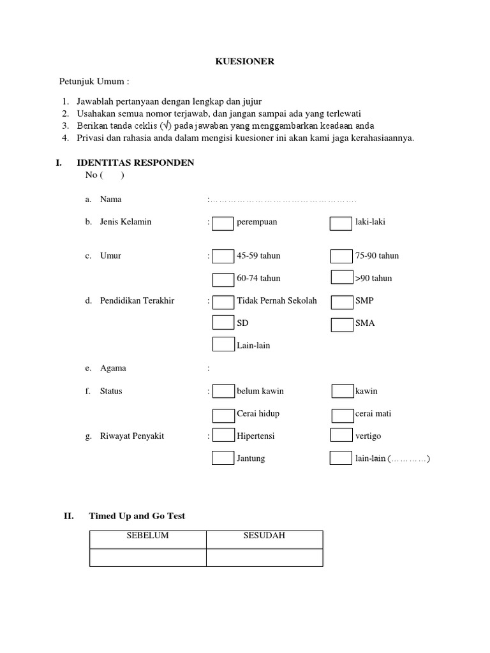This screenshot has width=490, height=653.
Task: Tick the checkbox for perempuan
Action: pos(223,223)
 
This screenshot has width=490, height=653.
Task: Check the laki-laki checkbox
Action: pos(341,223)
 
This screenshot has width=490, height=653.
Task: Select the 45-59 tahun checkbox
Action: pos(223,256)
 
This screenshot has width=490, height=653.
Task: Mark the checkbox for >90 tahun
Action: pos(342,277)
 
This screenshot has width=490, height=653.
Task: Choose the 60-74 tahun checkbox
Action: pos(223,279)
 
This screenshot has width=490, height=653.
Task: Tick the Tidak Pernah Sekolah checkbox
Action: pos(223,301)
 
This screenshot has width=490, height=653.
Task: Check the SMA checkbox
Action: pos(342,323)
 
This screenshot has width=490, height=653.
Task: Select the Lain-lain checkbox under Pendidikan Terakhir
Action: pos(223,346)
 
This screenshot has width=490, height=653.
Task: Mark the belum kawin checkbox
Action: pos(223,391)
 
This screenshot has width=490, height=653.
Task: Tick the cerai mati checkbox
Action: pos(343,414)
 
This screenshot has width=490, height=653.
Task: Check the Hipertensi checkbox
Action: pos(223,436)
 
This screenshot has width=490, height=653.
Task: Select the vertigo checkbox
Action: pos(341,436)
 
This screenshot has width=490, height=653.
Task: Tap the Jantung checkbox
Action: pos(223,459)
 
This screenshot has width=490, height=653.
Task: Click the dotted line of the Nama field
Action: pos(283,200)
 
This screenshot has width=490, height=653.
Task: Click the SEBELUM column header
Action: pos(147,536)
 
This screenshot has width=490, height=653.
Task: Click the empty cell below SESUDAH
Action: pos(264,557)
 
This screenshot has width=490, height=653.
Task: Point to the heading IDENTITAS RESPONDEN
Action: pos(135,163)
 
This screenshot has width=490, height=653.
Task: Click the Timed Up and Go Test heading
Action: pos(137,516)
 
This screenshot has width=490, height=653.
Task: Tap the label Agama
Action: pos(113,369)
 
